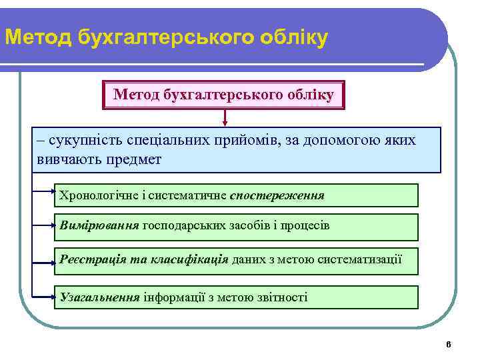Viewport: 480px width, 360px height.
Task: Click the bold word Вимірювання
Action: (99, 225)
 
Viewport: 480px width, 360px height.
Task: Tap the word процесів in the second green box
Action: (305, 225)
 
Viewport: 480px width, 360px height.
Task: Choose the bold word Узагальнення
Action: (100, 297)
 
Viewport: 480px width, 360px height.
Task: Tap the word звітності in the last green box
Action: (279, 297)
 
